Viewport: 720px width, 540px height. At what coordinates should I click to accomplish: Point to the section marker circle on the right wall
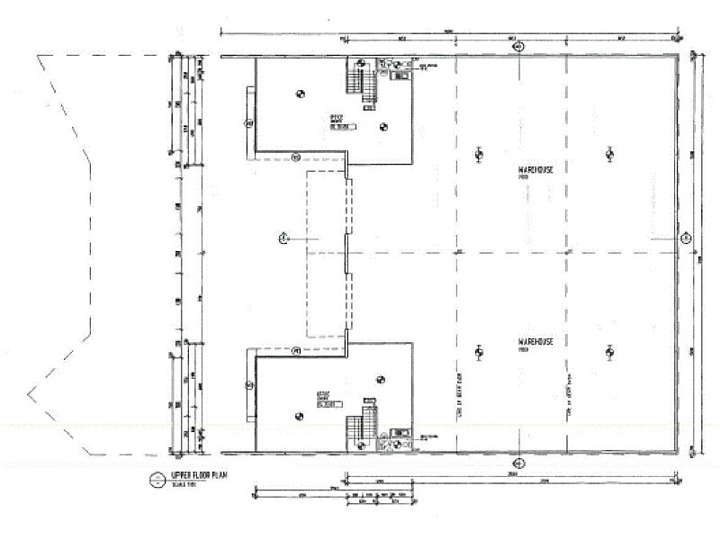(685, 238)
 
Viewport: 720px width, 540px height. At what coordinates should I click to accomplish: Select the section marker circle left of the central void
(282, 238)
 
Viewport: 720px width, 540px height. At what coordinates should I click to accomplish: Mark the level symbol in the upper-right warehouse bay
(609, 154)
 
